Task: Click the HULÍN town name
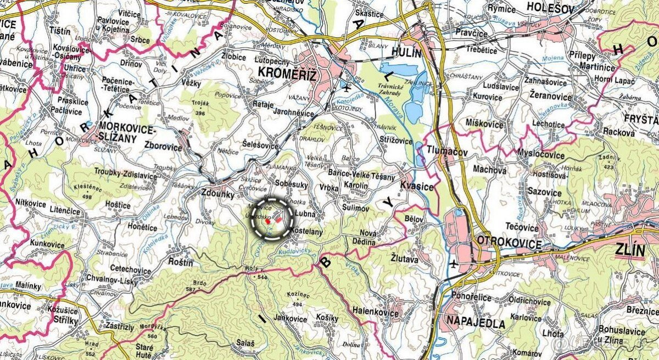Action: (407, 53)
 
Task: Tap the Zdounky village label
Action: (218, 194)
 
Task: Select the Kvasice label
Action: (417, 187)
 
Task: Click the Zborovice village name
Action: (163, 147)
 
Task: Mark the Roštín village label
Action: (181, 263)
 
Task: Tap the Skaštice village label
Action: (370, 13)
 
